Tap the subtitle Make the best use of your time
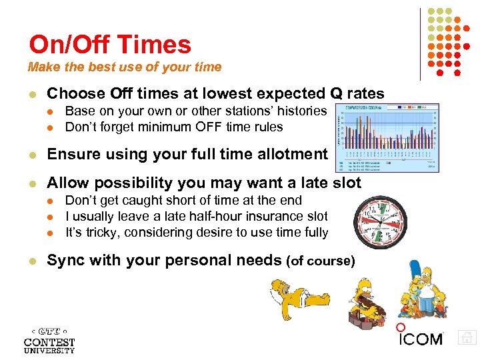point(125,67)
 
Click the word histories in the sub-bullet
point(301,111)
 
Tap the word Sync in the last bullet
point(65,260)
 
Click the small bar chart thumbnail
point(387,137)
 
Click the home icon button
point(467,337)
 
